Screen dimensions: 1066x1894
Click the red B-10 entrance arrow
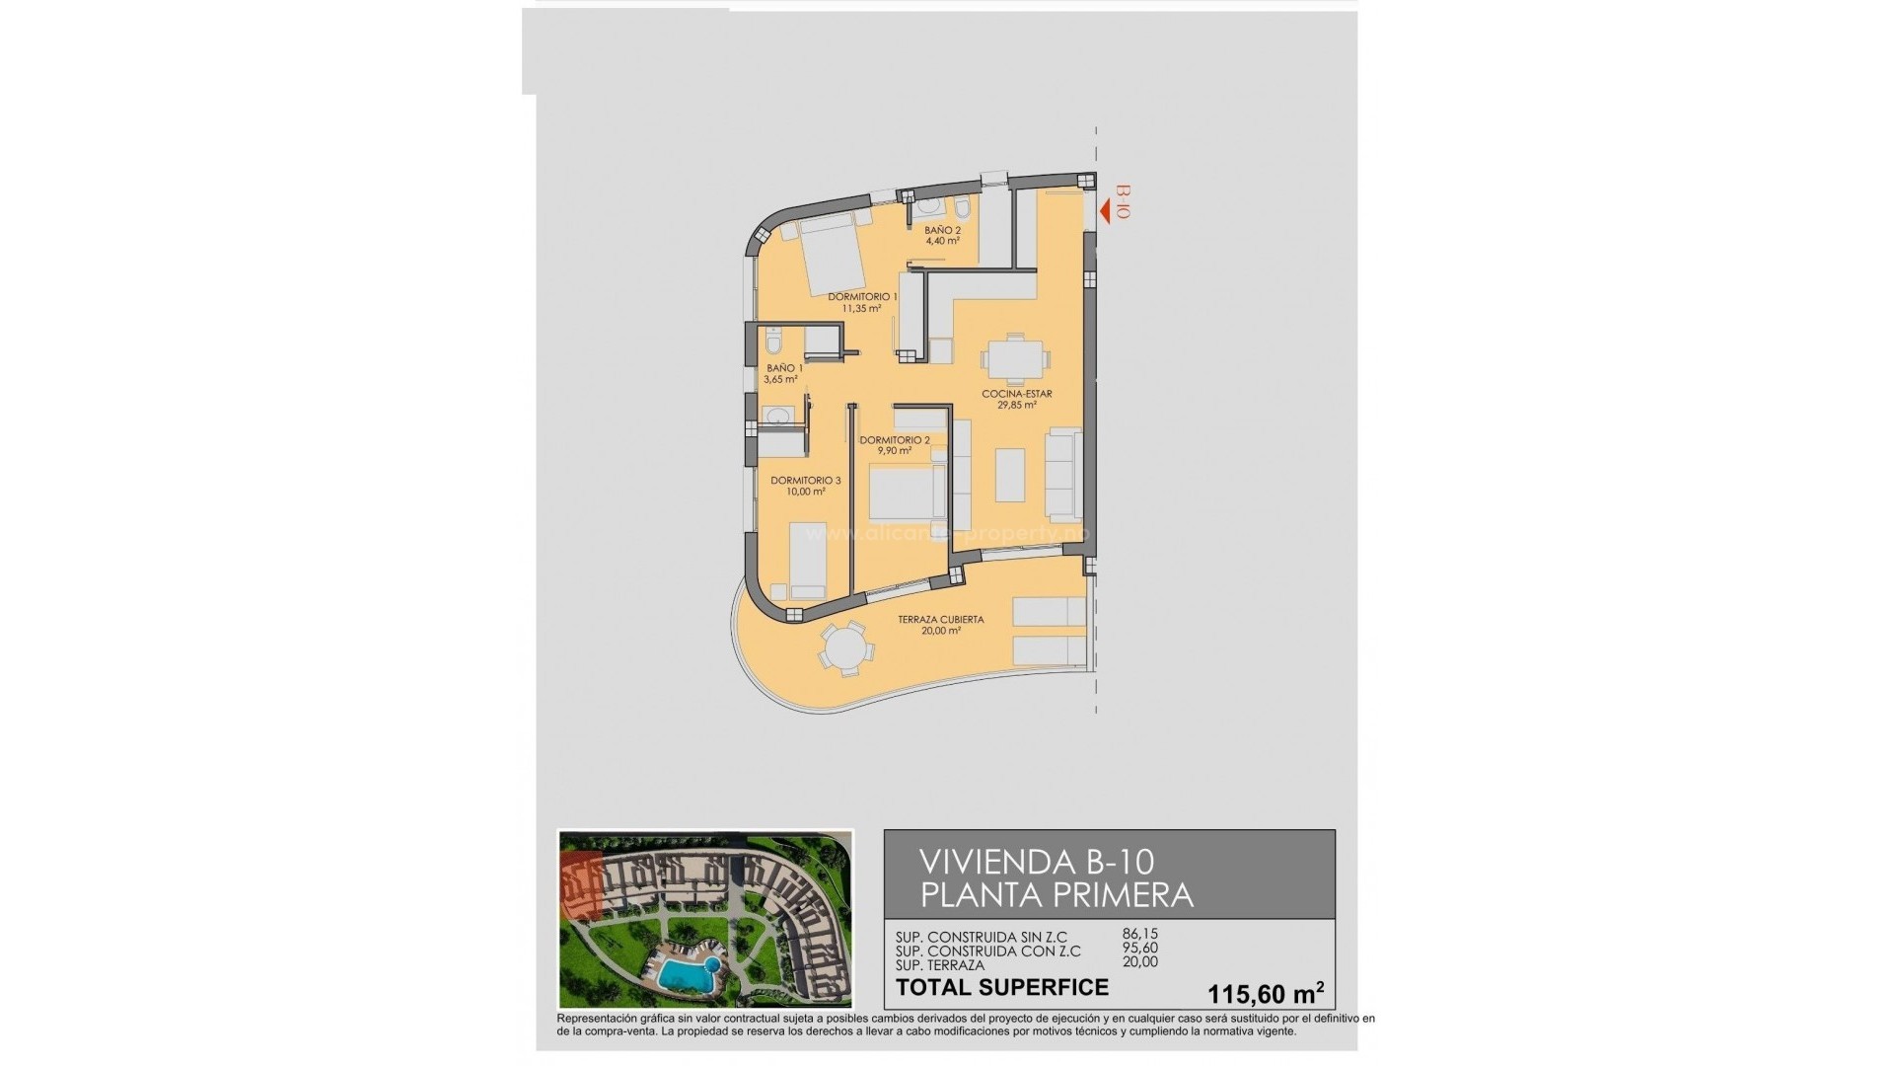tap(1109, 208)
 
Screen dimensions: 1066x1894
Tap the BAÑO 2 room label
tap(942, 230)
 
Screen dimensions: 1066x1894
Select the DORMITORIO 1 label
tap(862, 296)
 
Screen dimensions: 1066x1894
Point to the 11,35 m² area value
tap(861, 308)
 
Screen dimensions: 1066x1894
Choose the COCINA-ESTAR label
tap(1016, 394)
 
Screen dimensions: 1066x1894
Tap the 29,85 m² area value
tap(1016, 405)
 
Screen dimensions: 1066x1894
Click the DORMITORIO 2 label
tap(895, 440)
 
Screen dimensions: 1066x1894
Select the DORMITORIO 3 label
tap(806, 481)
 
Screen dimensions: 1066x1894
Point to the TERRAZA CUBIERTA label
tap(940, 620)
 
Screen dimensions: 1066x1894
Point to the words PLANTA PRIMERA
tap(1056, 895)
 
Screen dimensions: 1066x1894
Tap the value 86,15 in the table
tap(1140, 934)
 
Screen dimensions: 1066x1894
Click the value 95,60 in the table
tap(1140, 949)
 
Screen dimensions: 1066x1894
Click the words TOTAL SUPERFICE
tap(1001, 987)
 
